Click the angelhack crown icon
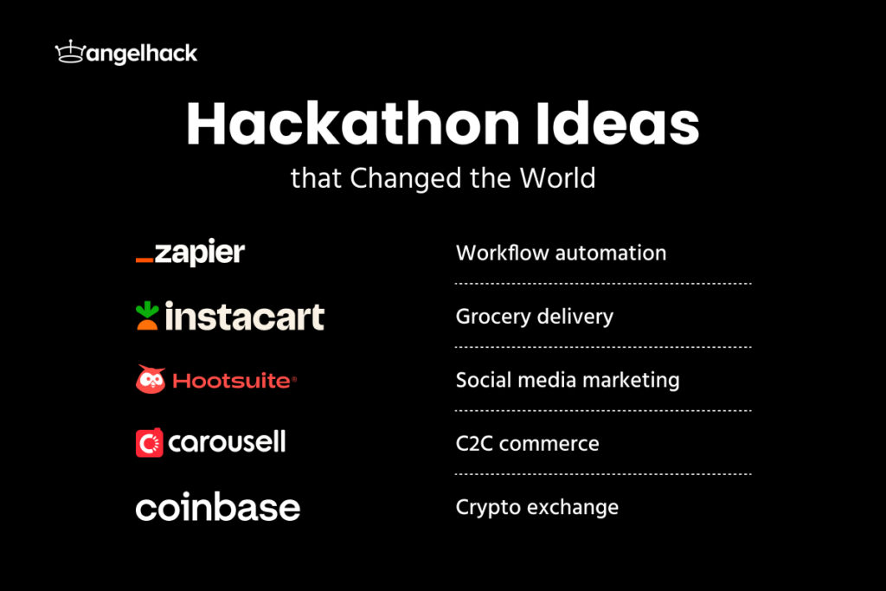click(x=68, y=54)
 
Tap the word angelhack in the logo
click(x=140, y=54)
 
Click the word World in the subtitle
click(x=557, y=178)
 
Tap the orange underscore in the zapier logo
click(x=144, y=258)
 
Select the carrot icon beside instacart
click(x=147, y=316)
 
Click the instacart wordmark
click(x=245, y=317)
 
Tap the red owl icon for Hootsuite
click(x=151, y=380)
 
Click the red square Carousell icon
click(x=150, y=444)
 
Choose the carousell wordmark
click(x=227, y=443)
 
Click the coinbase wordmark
click(x=217, y=507)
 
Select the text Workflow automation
click(x=561, y=253)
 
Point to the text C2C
click(x=475, y=443)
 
